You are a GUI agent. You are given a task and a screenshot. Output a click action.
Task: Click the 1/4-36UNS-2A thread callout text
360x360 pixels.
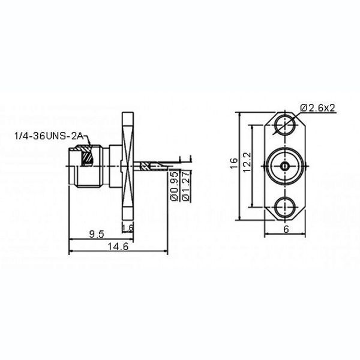tap(49, 136)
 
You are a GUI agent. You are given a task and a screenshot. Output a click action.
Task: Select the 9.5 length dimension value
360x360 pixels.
tap(97, 234)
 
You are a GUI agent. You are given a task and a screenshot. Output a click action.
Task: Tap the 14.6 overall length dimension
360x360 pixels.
tap(118, 247)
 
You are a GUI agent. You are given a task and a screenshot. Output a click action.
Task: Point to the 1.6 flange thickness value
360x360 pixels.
tap(128, 228)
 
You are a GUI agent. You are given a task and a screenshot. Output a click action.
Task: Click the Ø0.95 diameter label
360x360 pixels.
tap(175, 187)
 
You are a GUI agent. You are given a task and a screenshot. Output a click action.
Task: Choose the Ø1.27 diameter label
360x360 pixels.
tap(186, 187)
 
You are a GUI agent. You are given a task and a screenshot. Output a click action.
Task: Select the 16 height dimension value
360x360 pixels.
tap(234, 163)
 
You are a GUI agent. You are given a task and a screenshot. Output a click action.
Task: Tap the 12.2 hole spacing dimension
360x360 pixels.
tap(247, 163)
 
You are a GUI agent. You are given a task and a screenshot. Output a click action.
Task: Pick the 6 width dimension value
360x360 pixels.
tap(286, 229)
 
